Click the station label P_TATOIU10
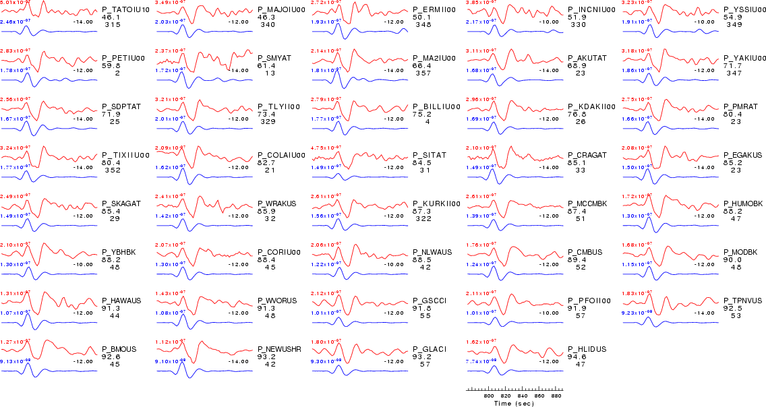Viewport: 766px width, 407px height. pos(121,9)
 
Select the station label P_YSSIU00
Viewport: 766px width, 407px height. pos(742,9)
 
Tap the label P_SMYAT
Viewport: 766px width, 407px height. pos(274,58)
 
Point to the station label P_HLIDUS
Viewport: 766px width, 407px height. pos(587,349)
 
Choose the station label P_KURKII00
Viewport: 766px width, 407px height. pos(436,204)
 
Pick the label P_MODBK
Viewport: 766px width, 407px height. pos(740,252)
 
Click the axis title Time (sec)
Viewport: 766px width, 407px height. pos(515,404)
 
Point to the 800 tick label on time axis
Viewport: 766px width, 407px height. pos(490,396)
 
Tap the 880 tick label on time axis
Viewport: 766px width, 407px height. pos(558,396)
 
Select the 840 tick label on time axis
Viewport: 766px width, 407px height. pos(524,396)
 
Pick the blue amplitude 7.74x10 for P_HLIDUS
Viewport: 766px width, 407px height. pos(481,361)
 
